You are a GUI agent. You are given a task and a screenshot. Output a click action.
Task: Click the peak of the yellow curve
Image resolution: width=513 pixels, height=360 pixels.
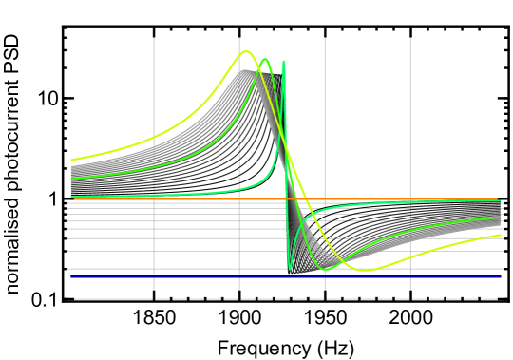246,51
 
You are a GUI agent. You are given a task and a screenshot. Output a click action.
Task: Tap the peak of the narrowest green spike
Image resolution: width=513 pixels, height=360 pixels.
283,62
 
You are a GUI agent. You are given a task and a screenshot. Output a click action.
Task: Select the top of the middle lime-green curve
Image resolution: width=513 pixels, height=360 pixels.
265,59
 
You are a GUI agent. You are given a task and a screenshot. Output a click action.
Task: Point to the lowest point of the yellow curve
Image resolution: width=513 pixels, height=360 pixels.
364,270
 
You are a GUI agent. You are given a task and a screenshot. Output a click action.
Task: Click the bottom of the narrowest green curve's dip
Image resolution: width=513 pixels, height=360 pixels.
291,270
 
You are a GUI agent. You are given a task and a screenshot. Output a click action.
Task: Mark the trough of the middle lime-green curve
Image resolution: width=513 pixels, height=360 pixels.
326,270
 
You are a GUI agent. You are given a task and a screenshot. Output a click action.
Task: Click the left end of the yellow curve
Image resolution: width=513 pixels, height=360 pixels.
71,160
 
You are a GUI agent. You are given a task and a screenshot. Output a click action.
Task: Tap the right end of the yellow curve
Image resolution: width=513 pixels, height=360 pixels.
501,235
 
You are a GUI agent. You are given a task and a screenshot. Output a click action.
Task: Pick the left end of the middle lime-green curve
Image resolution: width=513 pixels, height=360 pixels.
71,179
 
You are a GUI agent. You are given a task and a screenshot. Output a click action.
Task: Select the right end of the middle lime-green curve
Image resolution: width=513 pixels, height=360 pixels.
501,218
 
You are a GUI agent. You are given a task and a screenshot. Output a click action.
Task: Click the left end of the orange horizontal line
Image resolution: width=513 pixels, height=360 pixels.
74,199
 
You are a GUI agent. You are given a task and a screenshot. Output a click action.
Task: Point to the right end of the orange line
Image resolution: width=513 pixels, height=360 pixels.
498,199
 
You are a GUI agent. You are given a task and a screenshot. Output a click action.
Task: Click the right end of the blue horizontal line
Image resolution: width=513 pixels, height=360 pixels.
501,277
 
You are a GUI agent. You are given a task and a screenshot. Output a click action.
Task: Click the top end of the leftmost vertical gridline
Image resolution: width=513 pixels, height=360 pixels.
154,39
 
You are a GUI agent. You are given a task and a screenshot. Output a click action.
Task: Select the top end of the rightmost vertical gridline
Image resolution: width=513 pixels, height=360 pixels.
410,39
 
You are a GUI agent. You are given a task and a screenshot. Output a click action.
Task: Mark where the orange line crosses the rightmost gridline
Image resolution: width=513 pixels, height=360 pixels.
410,199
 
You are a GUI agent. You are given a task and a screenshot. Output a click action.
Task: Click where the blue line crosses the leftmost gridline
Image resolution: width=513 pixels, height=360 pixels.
154,277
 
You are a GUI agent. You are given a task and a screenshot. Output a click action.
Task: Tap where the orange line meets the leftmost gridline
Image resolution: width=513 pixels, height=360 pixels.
154,199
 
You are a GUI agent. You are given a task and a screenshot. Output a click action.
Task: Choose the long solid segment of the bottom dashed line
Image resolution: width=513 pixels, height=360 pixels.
113,299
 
